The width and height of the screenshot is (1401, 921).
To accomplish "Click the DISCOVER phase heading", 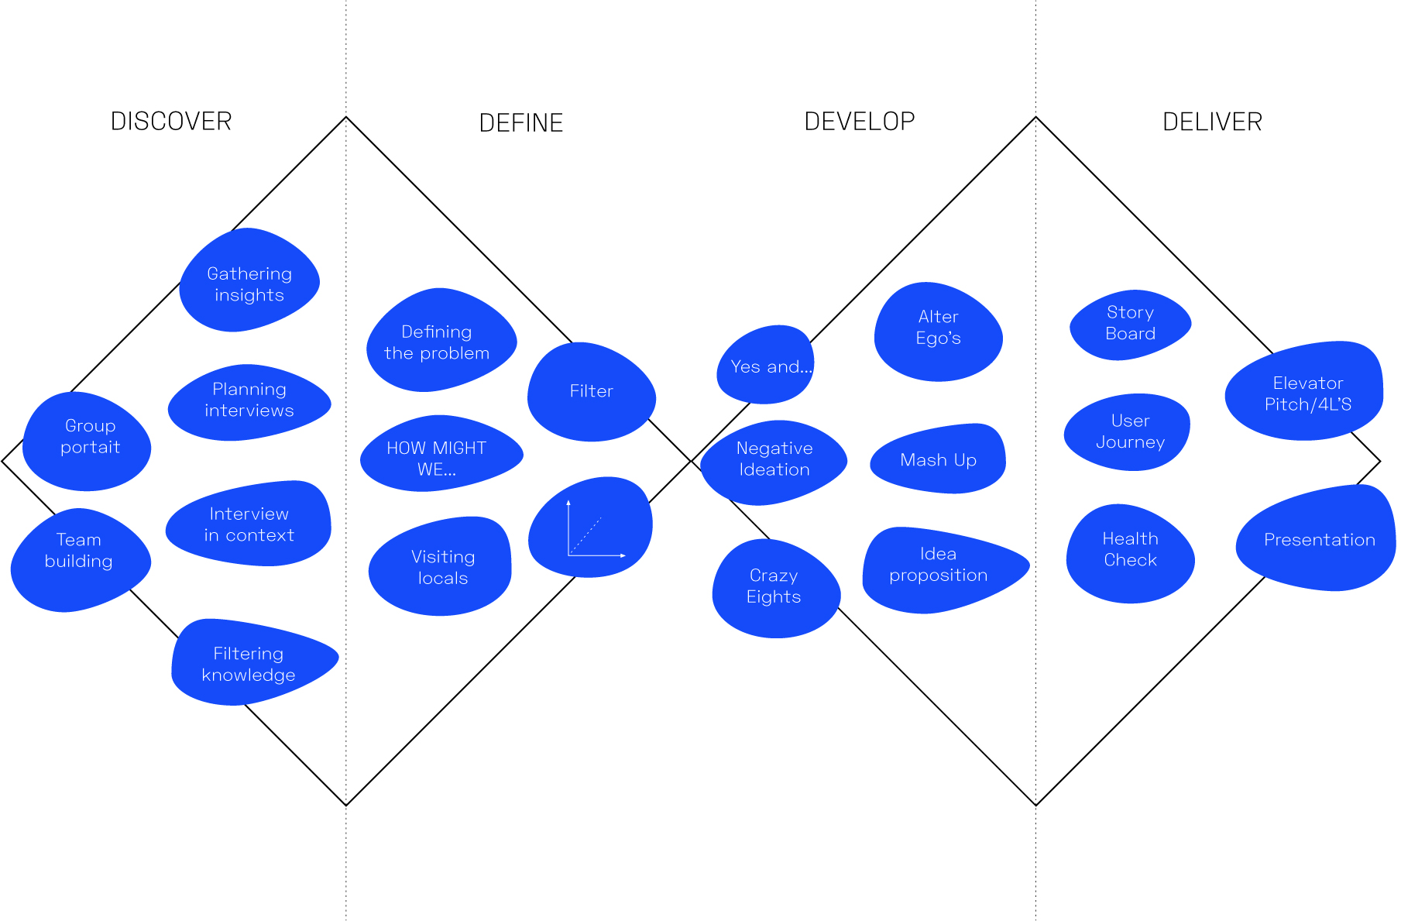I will [x=171, y=122].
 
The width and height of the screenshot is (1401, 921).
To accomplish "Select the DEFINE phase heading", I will [x=520, y=123].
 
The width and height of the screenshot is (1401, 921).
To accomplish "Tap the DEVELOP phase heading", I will [x=859, y=122].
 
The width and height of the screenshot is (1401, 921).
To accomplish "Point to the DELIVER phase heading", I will [x=1212, y=122].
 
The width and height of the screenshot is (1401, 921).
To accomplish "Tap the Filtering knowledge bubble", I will [x=249, y=664].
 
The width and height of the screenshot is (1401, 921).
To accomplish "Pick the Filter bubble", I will [x=591, y=391].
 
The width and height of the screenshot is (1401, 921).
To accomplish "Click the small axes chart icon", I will [x=593, y=529].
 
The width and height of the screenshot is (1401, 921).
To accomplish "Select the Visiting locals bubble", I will [x=442, y=568].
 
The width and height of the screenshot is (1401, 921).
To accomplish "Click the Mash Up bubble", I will [x=938, y=460].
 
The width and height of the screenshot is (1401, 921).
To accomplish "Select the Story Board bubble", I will [x=1130, y=323].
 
